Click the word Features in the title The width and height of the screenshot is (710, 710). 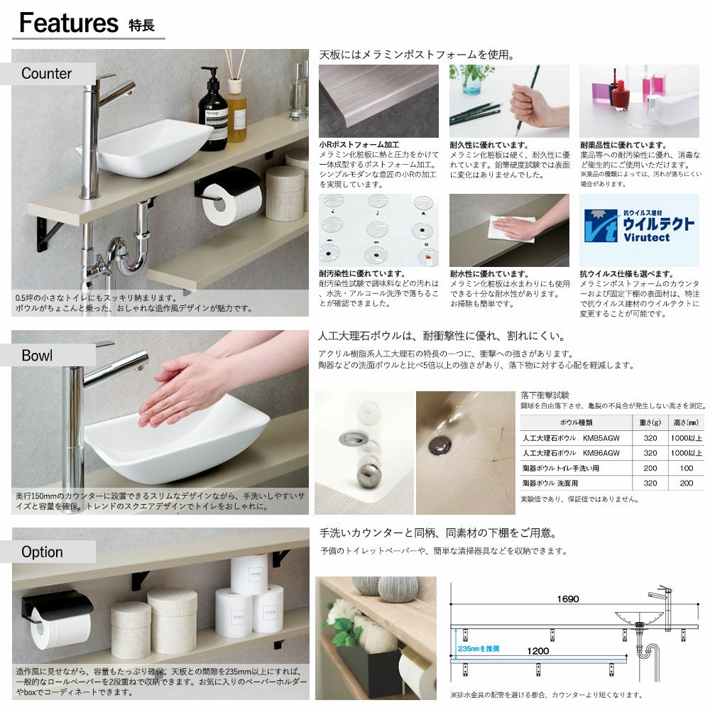point(69,23)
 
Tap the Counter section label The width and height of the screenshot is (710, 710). point(46,73)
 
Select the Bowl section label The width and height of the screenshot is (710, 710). point(37,356)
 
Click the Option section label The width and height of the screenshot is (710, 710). point(42,552)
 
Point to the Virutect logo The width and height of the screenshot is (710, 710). point(639,226)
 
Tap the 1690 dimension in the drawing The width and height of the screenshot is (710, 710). point(568,599)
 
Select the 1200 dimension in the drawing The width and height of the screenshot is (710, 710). point(538,651)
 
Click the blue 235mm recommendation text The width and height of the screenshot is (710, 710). point(479,649)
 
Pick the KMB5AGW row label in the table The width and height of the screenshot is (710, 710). point(571,438)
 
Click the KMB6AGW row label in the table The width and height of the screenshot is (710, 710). point(571,453)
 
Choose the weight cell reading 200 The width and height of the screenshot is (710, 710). point(650,468)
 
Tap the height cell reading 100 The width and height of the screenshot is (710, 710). point(687,468)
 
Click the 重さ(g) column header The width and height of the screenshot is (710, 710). point(650,422)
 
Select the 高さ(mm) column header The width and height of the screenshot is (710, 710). point(687,422)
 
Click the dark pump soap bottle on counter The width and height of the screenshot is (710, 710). point(212,110)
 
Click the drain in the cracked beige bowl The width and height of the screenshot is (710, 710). point(439,444)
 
